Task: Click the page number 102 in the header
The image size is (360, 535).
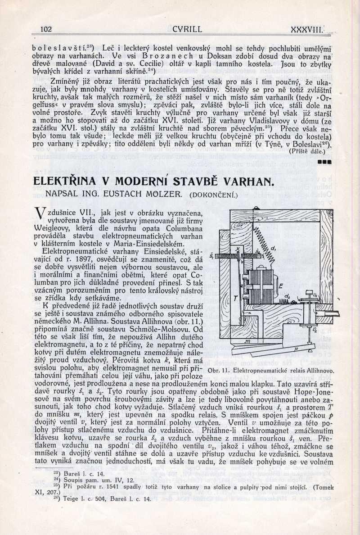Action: [x=46, y=30]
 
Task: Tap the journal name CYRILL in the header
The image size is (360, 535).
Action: [x=187, y=30]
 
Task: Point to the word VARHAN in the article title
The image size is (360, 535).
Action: [x=246, y=182]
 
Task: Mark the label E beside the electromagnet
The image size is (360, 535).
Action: [x=280, y=286]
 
